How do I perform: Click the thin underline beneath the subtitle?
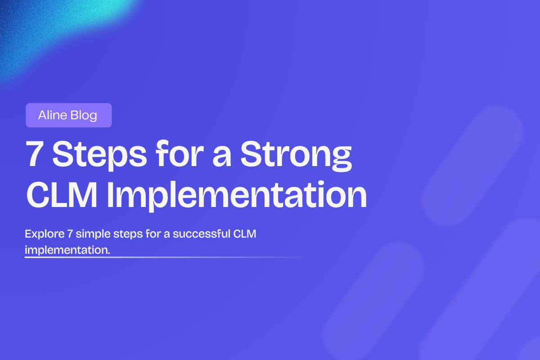[135, 257]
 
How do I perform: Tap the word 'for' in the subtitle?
[145, 234]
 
